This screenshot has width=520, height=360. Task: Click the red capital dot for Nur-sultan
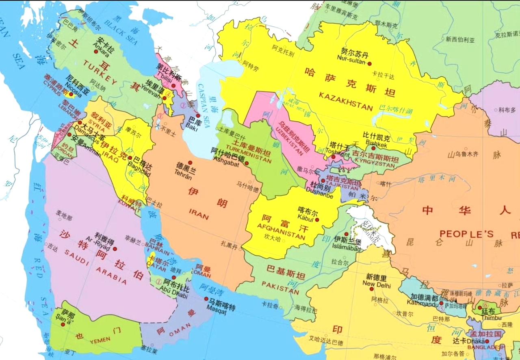coord(369,63)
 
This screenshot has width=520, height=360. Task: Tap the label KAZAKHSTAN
coord(345,101)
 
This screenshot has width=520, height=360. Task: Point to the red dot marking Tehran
coord(190,163)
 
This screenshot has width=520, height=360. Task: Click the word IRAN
coord(199,212)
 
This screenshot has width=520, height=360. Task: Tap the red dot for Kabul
coord(317,220)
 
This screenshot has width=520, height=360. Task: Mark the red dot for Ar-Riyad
coord(115,249)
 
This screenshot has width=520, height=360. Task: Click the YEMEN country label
coord(100,339)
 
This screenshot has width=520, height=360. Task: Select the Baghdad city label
coord(139,168)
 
